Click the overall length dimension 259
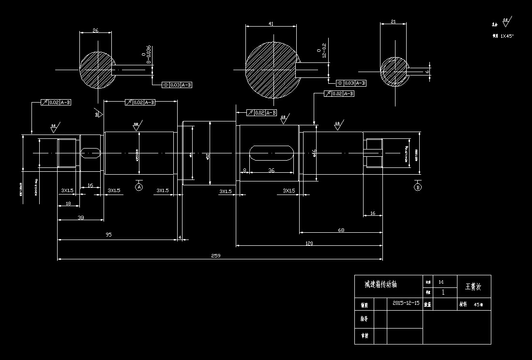(216, 255)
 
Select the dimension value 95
(108, 235)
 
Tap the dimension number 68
(341, 230)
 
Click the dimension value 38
(81, 218)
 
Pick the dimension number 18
(68, 204)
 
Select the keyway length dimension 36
(271, 170)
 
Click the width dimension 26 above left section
(95, 30)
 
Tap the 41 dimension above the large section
(271, 23)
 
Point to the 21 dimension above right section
(393, 22)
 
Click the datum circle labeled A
(139, 186)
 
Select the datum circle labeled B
(418, 187)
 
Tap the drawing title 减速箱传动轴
(380, 285)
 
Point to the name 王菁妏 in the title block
(473, 286)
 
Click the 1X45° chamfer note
(507, 36)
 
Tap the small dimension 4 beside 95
(180, 237)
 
